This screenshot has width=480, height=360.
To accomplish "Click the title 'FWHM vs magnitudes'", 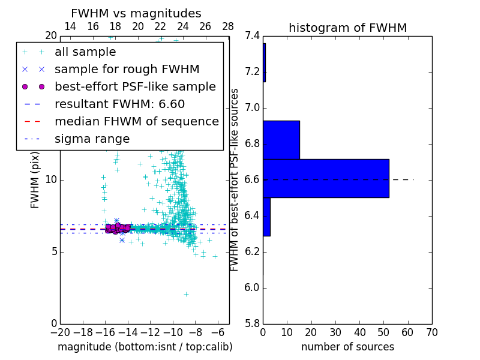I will tap(136, 14).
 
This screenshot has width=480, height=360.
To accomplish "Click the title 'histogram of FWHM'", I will tap(347, 28).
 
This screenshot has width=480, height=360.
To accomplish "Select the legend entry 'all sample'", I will tap(85, 52).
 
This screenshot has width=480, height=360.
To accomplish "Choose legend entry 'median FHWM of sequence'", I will tap(136, 121).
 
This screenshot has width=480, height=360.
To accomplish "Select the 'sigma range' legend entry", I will tap(92, 139).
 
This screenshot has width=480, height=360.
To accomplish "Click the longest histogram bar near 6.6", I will tap(326, 178).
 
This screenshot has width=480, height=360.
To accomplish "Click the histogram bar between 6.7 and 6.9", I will tap(281, 140).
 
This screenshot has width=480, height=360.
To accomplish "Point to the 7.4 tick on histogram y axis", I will tap(253, 36).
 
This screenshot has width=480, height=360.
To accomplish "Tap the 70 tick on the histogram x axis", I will tap(431, 332).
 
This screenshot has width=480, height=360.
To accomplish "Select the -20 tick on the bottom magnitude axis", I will tap(60, 332).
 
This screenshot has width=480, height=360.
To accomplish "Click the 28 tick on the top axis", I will tap(228, 26).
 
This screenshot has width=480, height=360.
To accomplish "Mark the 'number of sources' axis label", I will tap(347, 347).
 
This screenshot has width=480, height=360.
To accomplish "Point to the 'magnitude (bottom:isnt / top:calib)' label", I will tap(145, 347).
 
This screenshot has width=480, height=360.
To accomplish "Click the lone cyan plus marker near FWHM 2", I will tap(186, 294).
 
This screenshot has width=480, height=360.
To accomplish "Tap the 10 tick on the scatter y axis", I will tap(51, 179).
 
